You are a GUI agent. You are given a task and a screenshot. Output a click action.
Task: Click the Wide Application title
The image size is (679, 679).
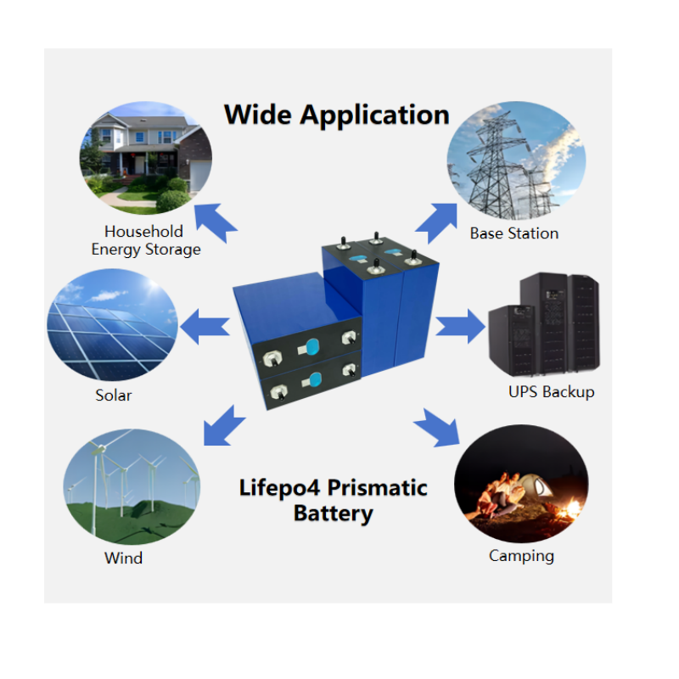336,115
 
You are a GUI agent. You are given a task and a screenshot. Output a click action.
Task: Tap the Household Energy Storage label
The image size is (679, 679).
145,240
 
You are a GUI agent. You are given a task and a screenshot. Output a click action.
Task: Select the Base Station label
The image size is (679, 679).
514,233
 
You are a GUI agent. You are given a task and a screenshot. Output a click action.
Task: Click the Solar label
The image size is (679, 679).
114,396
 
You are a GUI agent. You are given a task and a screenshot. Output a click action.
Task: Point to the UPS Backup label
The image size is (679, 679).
551,392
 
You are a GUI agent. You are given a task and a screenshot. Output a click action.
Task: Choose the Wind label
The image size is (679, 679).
123,558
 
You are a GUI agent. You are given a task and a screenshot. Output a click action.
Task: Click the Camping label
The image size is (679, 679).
521,557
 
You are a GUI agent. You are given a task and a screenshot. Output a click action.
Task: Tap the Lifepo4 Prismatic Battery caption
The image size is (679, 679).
333,501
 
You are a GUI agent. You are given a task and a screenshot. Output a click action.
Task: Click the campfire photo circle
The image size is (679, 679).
520,485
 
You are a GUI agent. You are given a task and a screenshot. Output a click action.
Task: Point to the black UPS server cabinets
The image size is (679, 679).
544,326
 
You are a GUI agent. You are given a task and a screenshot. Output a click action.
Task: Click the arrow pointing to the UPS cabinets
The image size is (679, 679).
461,326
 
